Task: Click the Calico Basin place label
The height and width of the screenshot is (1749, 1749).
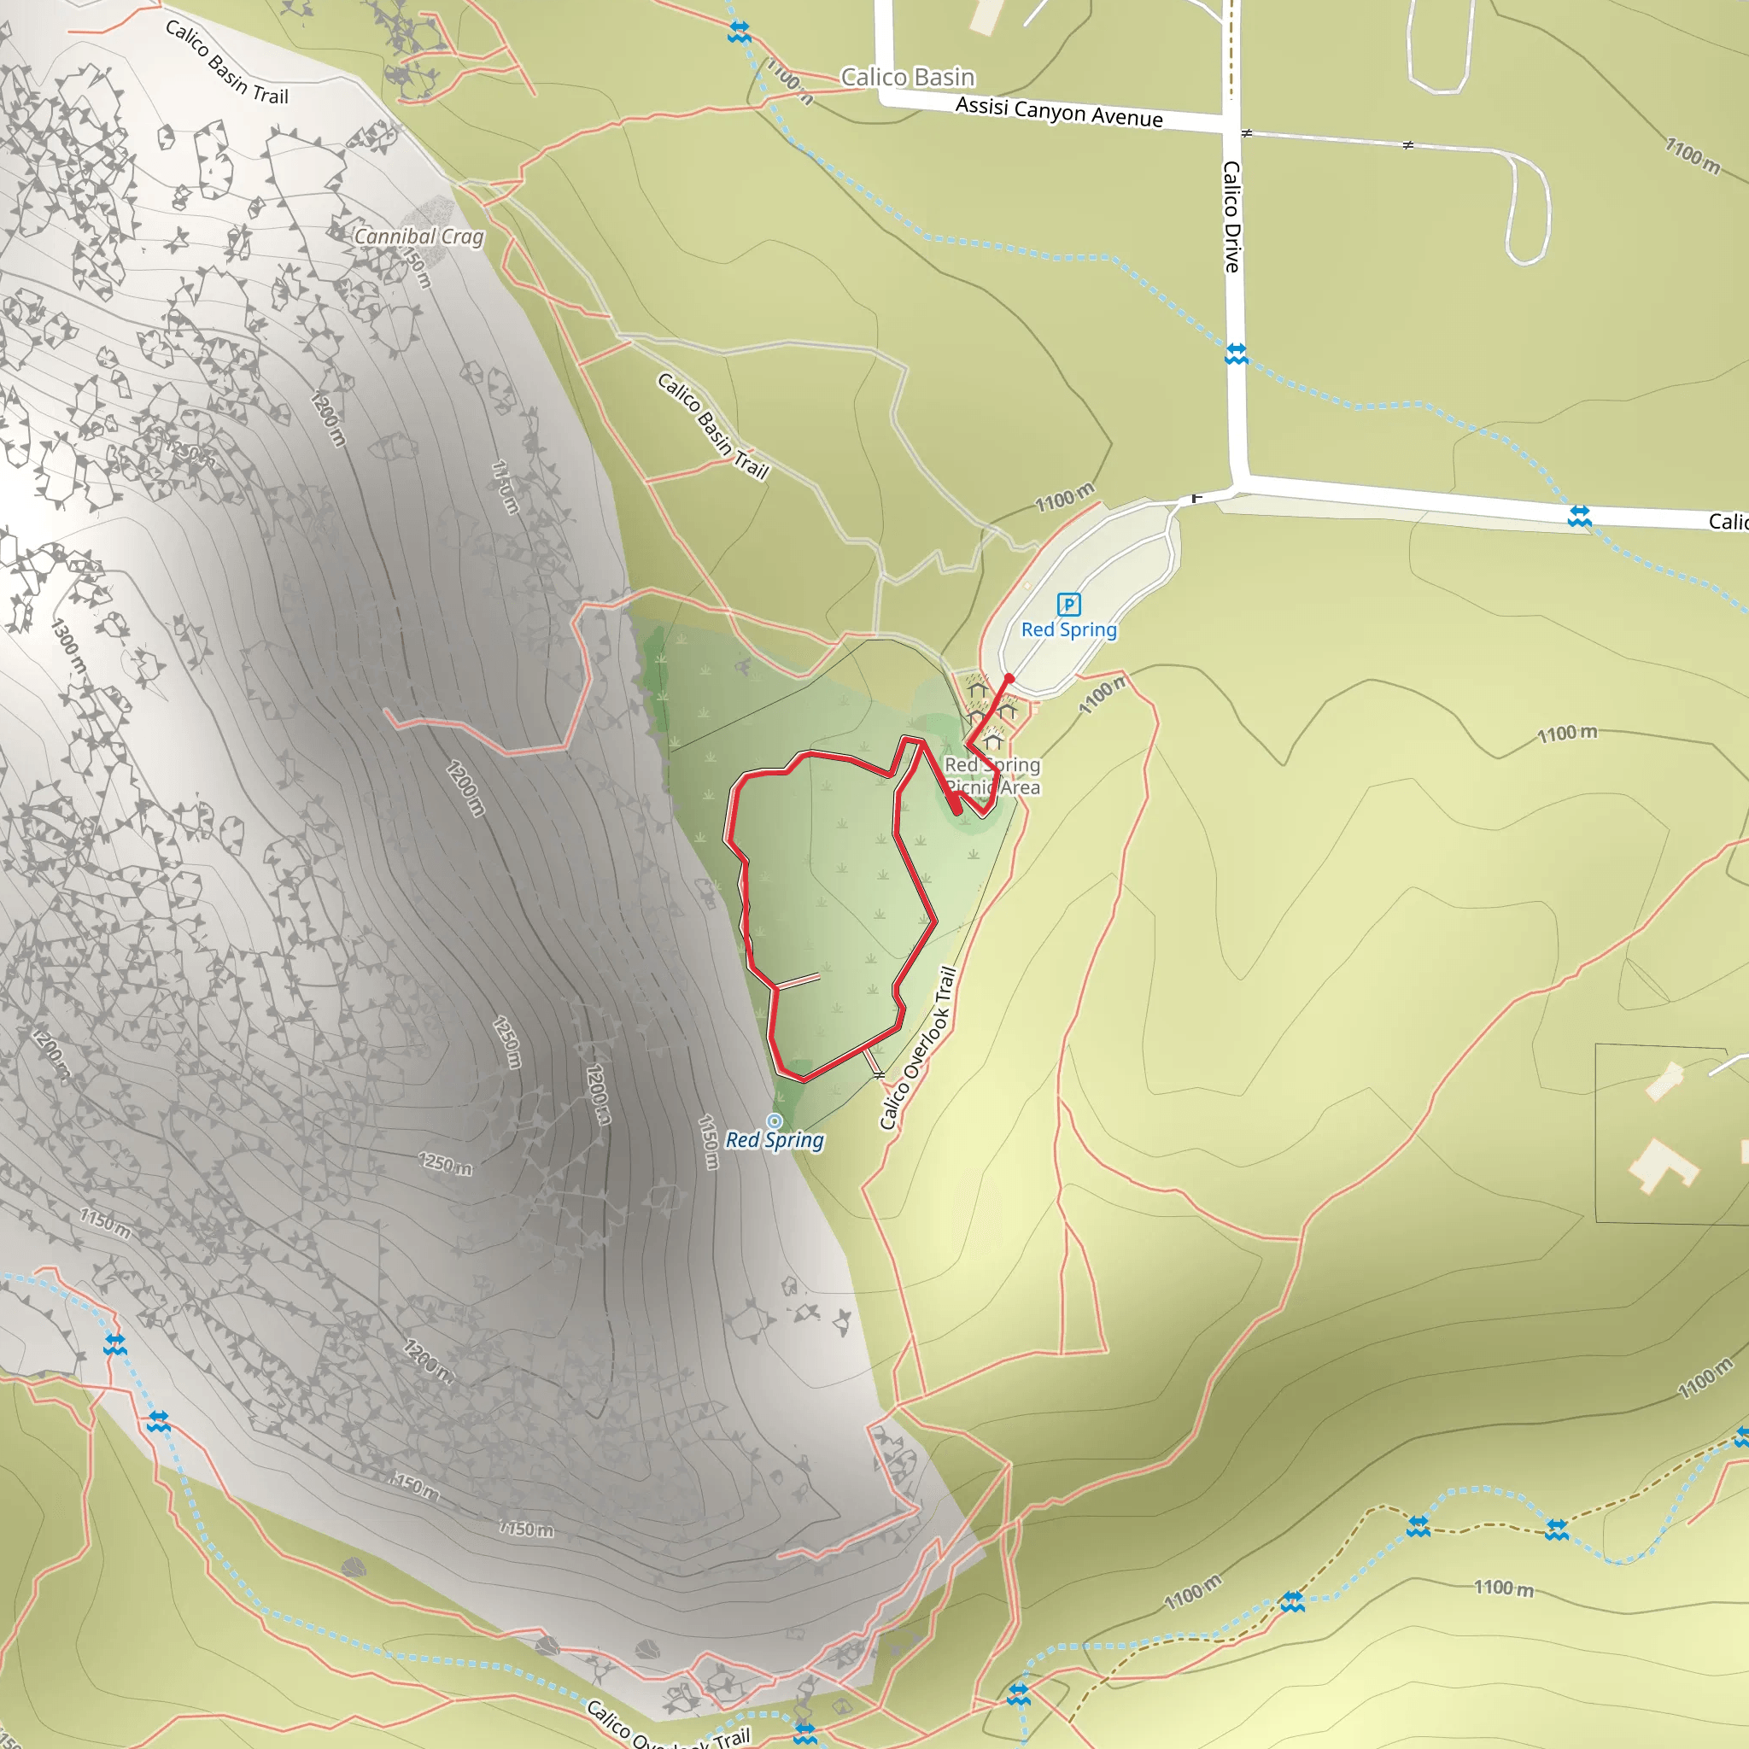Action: point(907,78)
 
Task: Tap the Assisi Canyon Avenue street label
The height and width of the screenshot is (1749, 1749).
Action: point(1058,111)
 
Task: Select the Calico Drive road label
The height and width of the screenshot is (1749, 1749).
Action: point(1231,216)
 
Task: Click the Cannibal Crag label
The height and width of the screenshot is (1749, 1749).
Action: point(418,237)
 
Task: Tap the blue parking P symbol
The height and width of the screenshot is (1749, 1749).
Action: point(1068,604)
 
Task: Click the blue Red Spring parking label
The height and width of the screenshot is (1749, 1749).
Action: point(1068,630)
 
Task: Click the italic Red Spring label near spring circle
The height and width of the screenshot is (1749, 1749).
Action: point(774,1141)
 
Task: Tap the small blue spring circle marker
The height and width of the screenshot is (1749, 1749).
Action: point(774,1120)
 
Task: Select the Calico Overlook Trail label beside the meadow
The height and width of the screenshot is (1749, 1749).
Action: point(917,1049)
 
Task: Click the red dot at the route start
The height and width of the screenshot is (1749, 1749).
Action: point(1009,678)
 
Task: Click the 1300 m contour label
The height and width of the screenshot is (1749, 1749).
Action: point(69,646)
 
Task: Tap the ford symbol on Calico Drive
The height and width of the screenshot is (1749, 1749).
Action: point(1236,353)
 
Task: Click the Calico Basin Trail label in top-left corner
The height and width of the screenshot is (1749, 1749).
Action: point(226,62)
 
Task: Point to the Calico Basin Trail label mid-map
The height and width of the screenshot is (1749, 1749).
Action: point(712,425)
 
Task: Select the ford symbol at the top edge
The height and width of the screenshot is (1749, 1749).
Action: point(739,32)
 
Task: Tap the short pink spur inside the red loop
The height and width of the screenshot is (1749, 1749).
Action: point(798,981)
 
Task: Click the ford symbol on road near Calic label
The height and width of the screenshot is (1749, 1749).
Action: point(1579,516)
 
